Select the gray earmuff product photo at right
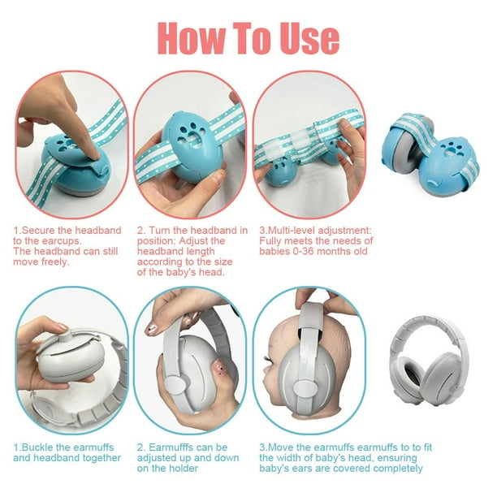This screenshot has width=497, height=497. point(436,357)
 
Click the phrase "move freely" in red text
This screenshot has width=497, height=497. point(41,262)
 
